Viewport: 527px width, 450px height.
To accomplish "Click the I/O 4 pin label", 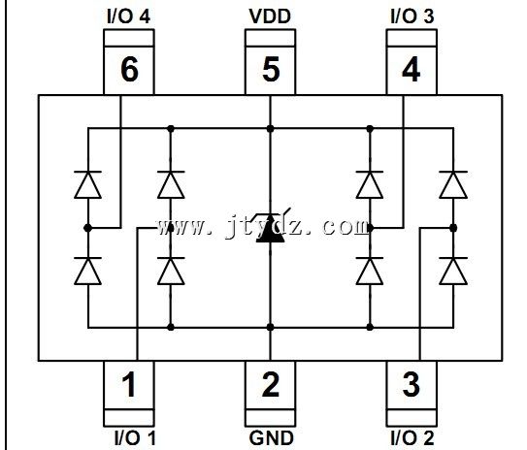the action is click(128, 16).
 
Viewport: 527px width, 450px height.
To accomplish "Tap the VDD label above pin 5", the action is click(270, 16).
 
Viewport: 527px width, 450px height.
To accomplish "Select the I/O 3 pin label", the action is click(412, 16).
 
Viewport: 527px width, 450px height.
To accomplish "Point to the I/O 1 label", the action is click(135, 438).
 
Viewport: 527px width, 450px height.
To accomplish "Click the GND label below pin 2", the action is click(271, 438).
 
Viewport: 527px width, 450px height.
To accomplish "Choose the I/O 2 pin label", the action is click(412, 438).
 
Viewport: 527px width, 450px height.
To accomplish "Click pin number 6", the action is click(129, 70).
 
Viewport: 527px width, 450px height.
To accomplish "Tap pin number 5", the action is click(271, 70).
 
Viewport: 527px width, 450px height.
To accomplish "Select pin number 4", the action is click(412, 70).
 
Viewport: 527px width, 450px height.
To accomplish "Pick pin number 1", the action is click(129, 385).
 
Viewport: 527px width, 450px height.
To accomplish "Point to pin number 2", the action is click(271, 384).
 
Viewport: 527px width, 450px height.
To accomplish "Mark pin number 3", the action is click(412, 384).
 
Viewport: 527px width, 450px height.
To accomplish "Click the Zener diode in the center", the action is click(270, 228).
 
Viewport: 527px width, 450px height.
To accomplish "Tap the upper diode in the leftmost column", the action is click(87, 184).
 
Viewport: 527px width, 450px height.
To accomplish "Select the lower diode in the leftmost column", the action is click(87, 271).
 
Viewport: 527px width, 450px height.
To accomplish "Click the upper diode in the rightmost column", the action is click(453, 184).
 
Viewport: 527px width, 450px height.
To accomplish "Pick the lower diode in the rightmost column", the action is click(453, 271).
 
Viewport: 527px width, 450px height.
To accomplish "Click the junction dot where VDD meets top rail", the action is click(270, 129).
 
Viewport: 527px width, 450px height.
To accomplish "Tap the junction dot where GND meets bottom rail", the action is click(270, 327).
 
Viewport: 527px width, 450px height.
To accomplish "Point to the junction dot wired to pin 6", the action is click(87, 228).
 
